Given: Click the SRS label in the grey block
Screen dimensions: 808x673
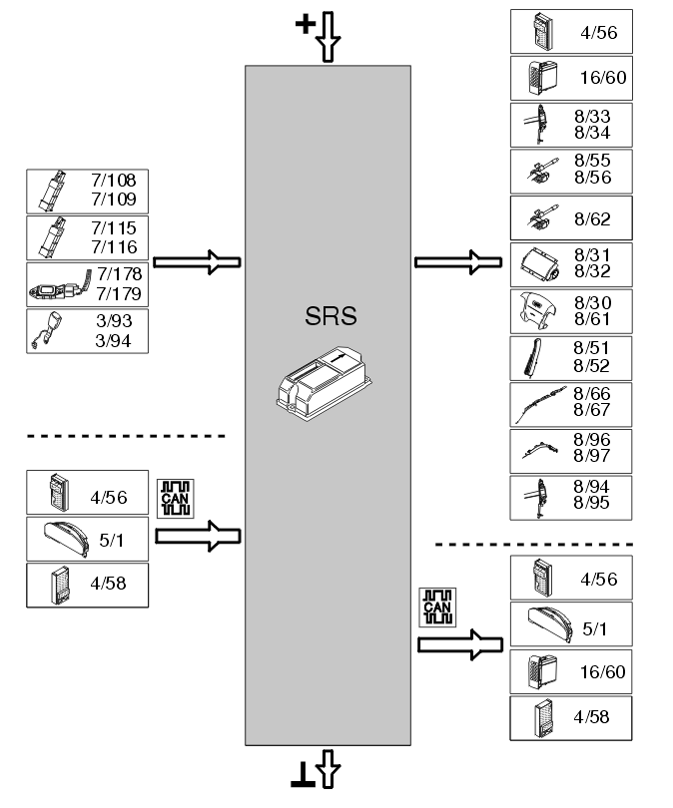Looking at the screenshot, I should [x=331, y=318].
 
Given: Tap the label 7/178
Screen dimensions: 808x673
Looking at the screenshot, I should [x=119, y=275].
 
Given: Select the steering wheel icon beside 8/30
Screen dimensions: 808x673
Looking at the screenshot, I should [x=538, y=310].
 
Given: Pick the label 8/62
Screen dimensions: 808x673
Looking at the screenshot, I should [x=593, y=218].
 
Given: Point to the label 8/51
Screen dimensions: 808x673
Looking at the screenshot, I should [x=592, y=348].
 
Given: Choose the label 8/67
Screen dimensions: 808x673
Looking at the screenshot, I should [x=592, y=410].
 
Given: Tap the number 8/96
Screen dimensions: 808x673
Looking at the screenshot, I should [x=592, y=438].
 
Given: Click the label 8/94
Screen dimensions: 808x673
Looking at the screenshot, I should [x=592, y=485].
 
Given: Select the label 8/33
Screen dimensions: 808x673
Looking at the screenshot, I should [x=592, y=115].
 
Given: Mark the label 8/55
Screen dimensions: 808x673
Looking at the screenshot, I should [x=592, y=161].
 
